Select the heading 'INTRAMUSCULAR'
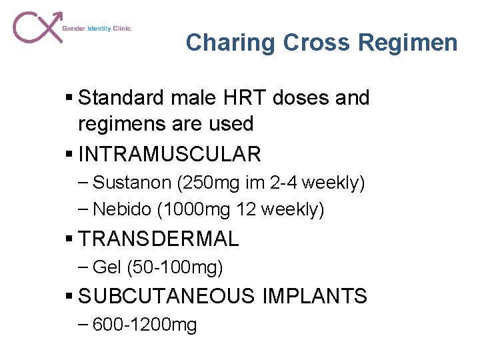[169, 155]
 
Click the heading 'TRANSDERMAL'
[158, 238]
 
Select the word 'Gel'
[106, 267]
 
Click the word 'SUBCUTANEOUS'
[167, 296]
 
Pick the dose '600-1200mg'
[145, 325]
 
